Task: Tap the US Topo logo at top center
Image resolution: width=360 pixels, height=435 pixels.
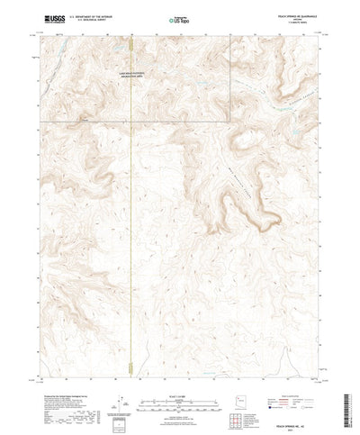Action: coord(180,19)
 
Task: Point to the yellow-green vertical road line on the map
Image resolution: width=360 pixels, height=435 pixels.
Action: coord(132,225)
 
